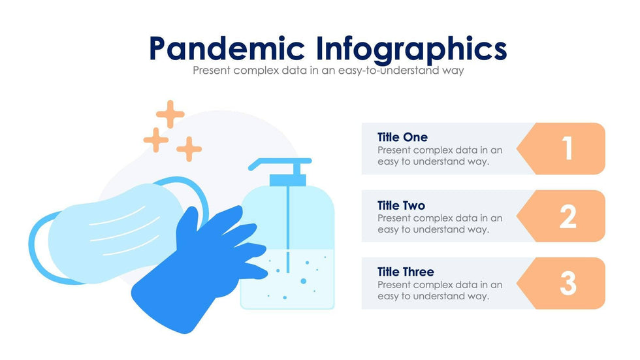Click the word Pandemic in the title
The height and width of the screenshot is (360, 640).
coord(227,48)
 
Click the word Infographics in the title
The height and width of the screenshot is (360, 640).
coord(411,50)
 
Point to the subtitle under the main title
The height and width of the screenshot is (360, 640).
coord(328,70)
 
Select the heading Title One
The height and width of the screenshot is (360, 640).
coord(402,137)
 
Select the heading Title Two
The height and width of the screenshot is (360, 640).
coord(401,205)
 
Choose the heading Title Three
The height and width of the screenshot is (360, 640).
coord(406,272)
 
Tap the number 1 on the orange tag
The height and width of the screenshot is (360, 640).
coord(568,148)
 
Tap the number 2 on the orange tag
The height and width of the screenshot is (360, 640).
coord(568,216)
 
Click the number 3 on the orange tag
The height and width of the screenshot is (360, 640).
coord(568,284)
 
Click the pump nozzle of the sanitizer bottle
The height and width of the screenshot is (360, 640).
coord(280,163)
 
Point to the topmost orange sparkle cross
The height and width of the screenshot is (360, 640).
coord(170,114)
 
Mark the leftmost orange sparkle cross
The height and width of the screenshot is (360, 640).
coord(156,140)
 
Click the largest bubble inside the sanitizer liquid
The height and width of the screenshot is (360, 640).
coord(303,281)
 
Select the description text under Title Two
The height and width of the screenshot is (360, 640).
coord(440,224)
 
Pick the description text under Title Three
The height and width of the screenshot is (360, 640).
coord(440,291)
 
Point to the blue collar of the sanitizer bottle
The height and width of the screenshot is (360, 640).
coord(288,180)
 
